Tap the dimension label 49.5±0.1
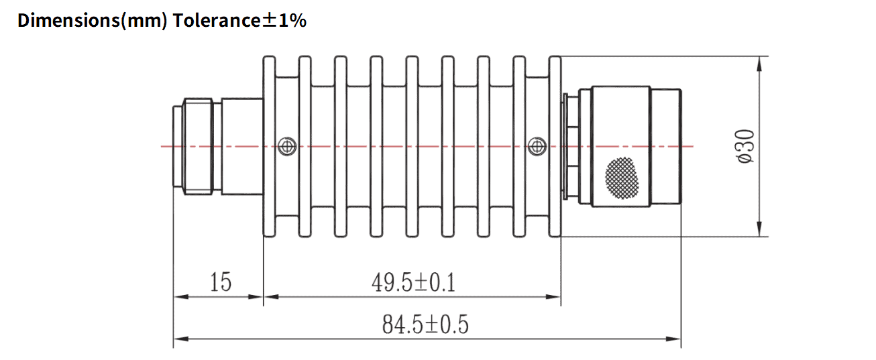tap(413, 283)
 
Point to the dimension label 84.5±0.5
tap(425, 325)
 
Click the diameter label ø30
tap(746, 146)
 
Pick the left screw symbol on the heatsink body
tap(287, 145)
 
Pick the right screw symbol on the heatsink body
tap(536, 145)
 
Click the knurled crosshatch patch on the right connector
tap(622, 177)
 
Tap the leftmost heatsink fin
tap(269, 146)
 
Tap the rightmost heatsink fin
tap(555, 146)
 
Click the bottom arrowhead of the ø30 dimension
tap(759, 229)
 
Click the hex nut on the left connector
tap(198, 146)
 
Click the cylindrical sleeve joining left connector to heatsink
tap(241, 146)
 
